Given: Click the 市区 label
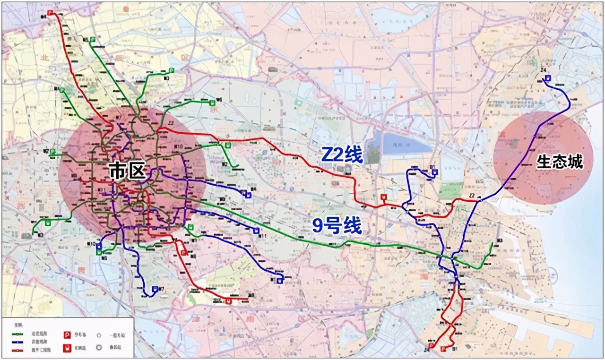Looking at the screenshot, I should pos(127,170).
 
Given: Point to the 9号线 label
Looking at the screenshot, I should pos(337,226).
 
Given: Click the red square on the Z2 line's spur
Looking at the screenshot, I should pos(383,197).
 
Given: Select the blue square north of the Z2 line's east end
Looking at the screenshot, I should pos(434,172).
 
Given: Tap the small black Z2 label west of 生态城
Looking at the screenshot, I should pos(471,195).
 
